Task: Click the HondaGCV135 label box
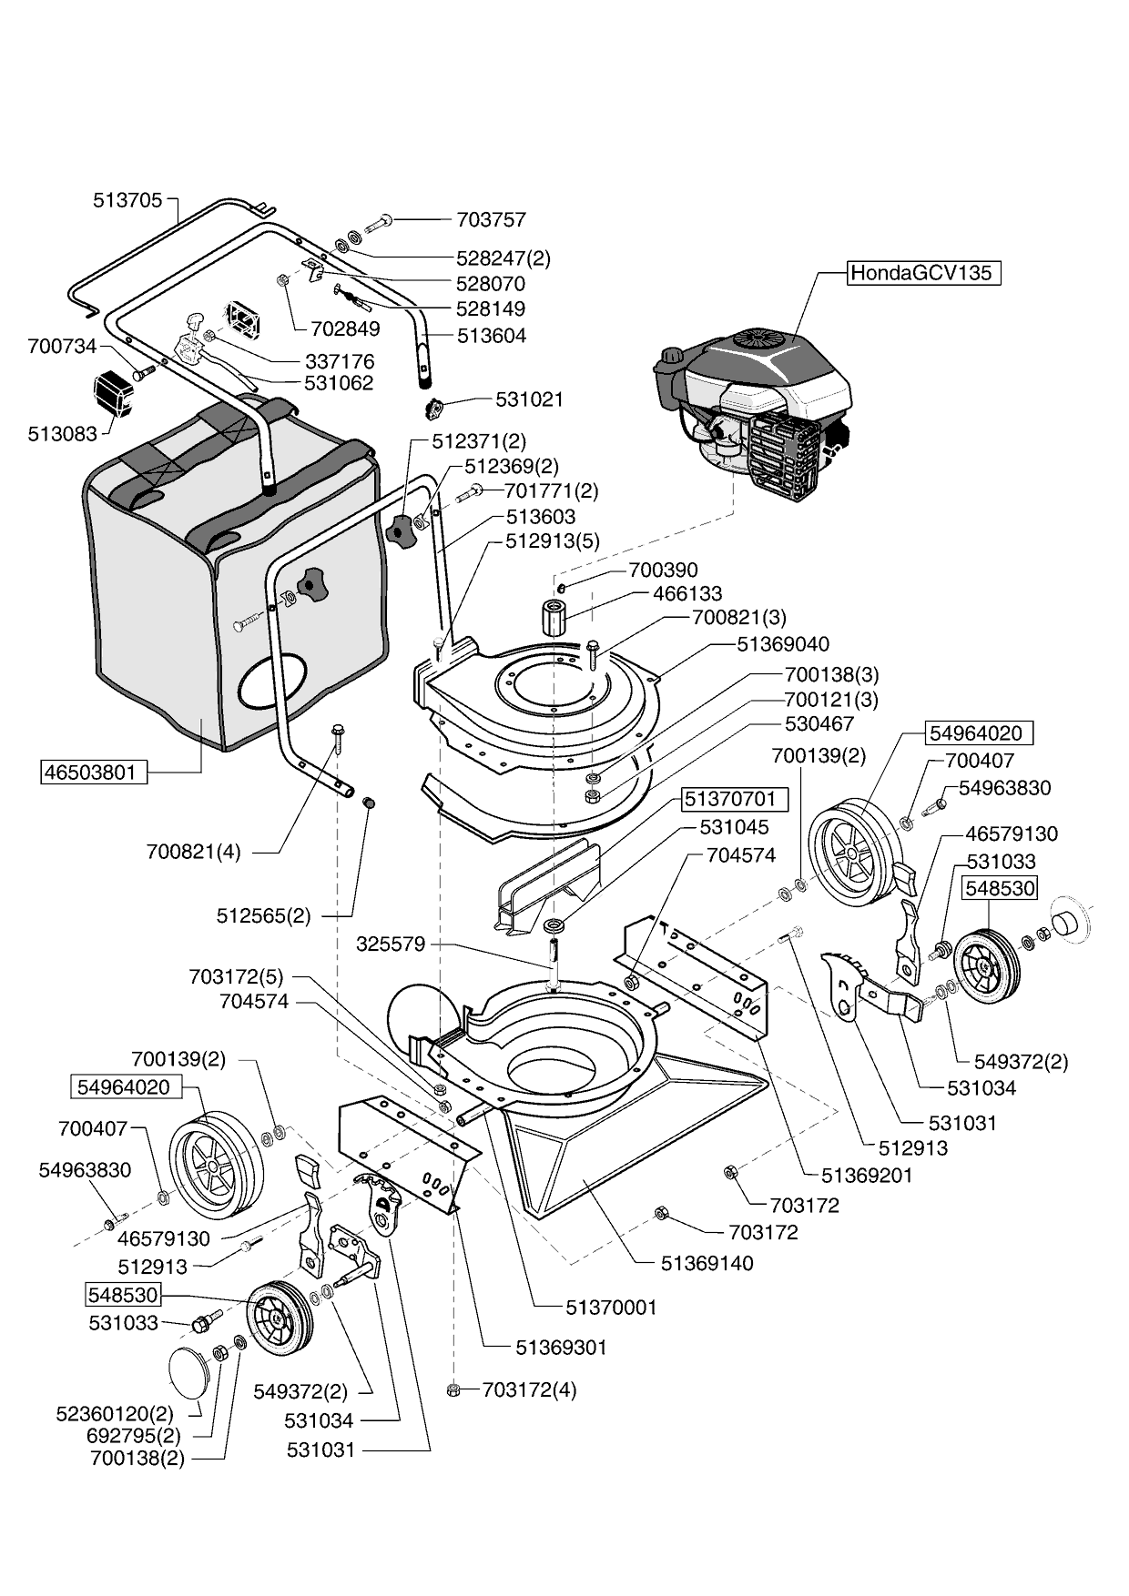pos(923,273)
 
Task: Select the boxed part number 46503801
pos(95,773)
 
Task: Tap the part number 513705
pos(127,200)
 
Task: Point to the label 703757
pos(491,220)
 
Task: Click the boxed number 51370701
pos(730,799)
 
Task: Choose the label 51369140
pos(707,1263)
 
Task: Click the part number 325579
pos(391,944)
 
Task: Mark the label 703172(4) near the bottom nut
pos(529,1389)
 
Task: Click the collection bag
pos(228,582)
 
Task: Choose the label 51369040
pos(783,644)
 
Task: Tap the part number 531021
pos(529,399)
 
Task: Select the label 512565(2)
pos(263,915)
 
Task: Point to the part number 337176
pos(340,361)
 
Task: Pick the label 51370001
pos(611,1308)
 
